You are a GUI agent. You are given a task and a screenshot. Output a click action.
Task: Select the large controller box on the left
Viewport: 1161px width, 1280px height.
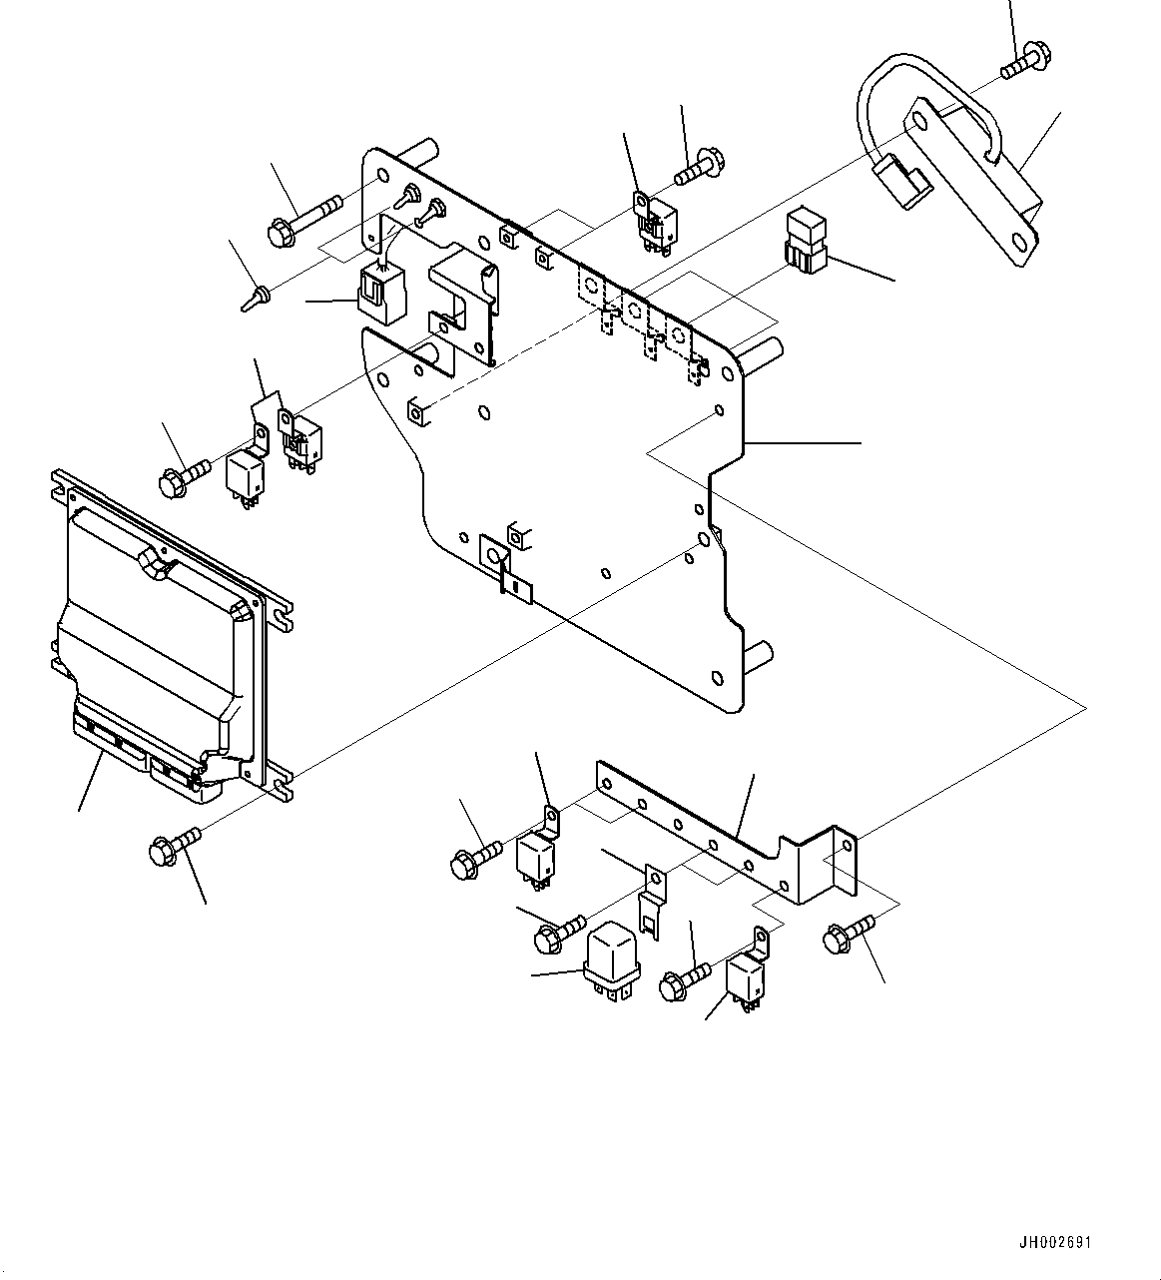[172, 636]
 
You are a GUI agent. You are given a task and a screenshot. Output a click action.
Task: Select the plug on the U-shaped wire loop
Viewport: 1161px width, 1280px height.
[901, 183]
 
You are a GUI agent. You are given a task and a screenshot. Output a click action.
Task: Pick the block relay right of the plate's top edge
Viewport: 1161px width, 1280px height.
[807, 241]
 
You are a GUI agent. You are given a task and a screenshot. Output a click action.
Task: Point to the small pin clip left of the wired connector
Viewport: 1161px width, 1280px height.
[256, 300]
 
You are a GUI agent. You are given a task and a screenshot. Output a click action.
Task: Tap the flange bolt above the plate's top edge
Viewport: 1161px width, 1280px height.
[698, 166]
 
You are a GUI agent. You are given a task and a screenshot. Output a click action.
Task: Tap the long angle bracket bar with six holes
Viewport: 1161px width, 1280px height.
[727, 833]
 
